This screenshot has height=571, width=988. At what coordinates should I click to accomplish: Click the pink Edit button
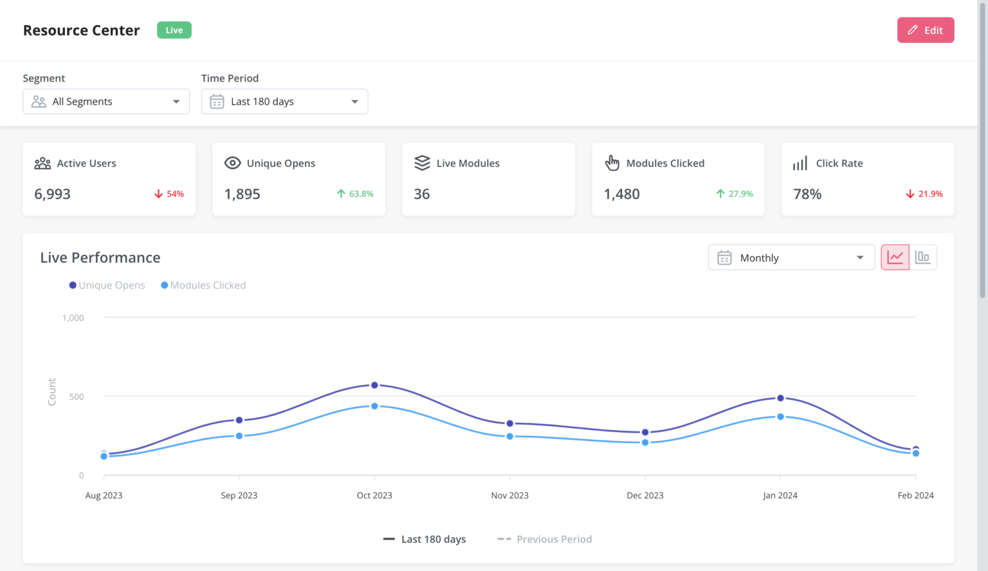(x=925, y=30)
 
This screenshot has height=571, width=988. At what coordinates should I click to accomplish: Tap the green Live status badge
(x=174, y=30)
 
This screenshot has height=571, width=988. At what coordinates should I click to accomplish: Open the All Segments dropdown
(x=106, y=102)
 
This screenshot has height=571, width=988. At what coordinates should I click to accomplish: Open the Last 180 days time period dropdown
(x=284, y=102)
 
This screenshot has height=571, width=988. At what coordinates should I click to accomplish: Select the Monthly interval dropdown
(x=791, y=257)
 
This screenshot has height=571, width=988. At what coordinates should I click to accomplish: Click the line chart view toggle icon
(x=895, y=257)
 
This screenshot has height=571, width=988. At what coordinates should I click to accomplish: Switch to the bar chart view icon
(x=922, y=257)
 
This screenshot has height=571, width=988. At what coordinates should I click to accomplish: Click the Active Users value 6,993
(x=53, y=194)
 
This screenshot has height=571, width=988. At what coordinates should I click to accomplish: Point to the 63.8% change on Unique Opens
(x=361, y=194)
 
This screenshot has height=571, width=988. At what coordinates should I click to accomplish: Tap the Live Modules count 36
(x=422, y=194)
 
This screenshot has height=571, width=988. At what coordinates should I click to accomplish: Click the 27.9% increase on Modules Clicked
(x=740, y=194)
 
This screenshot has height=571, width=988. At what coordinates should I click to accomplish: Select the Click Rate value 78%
(x=807, y=194)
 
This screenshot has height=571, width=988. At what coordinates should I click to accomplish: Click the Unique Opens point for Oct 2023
(x=374, y=385)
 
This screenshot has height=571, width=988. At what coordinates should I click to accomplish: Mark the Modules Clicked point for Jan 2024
(x=780, y=417)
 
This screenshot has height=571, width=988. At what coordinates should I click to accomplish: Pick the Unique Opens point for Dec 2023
(x=645, y=432)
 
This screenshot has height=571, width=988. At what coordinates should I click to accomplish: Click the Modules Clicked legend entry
(x=203, y=285)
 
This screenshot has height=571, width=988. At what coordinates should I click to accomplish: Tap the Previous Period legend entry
(x=545, y=539)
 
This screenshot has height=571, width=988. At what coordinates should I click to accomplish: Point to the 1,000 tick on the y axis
(x=73, y=318)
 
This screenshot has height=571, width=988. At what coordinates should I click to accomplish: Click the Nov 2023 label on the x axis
(x=509, y=496)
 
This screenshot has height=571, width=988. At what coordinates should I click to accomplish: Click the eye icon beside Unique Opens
(x=232, y=164)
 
